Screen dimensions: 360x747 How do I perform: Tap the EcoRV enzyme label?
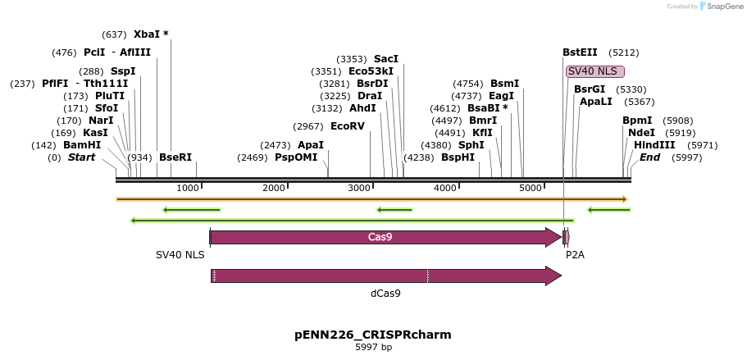pyautogui.click(x=347, y=126)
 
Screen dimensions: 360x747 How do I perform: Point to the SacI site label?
pyautogui.click(x=385, y=59)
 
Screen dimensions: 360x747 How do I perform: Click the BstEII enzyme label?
pyautogui.click(x=580, y=52)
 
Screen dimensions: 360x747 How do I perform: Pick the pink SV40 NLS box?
pyautogui.click(x=594, y=71)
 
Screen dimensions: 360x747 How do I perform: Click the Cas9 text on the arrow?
pyautogui.click(x=380, y=237)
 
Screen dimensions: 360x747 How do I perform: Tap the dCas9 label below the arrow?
pyautogui.click(x=385, y=293)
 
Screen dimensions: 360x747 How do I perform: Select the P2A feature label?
pyautogui.click(x=575, y=255)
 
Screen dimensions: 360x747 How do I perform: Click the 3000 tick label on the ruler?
pyautogui.click(x=360, y=189)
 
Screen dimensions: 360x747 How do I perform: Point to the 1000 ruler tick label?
pyautogui.click(x=189, y=189)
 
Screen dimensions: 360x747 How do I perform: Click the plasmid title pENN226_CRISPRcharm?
pyautogui.click(x=373, y=335)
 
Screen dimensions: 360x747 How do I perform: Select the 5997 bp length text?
pyautogui.click(x=373, y=348)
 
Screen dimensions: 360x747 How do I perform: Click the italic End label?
pyautogui.click(x=649, y=157)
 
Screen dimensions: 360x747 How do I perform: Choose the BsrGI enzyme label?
pyautogui.click(x=589, y=89)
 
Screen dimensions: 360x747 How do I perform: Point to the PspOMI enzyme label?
pyautogui.click(x=296, y=157)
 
